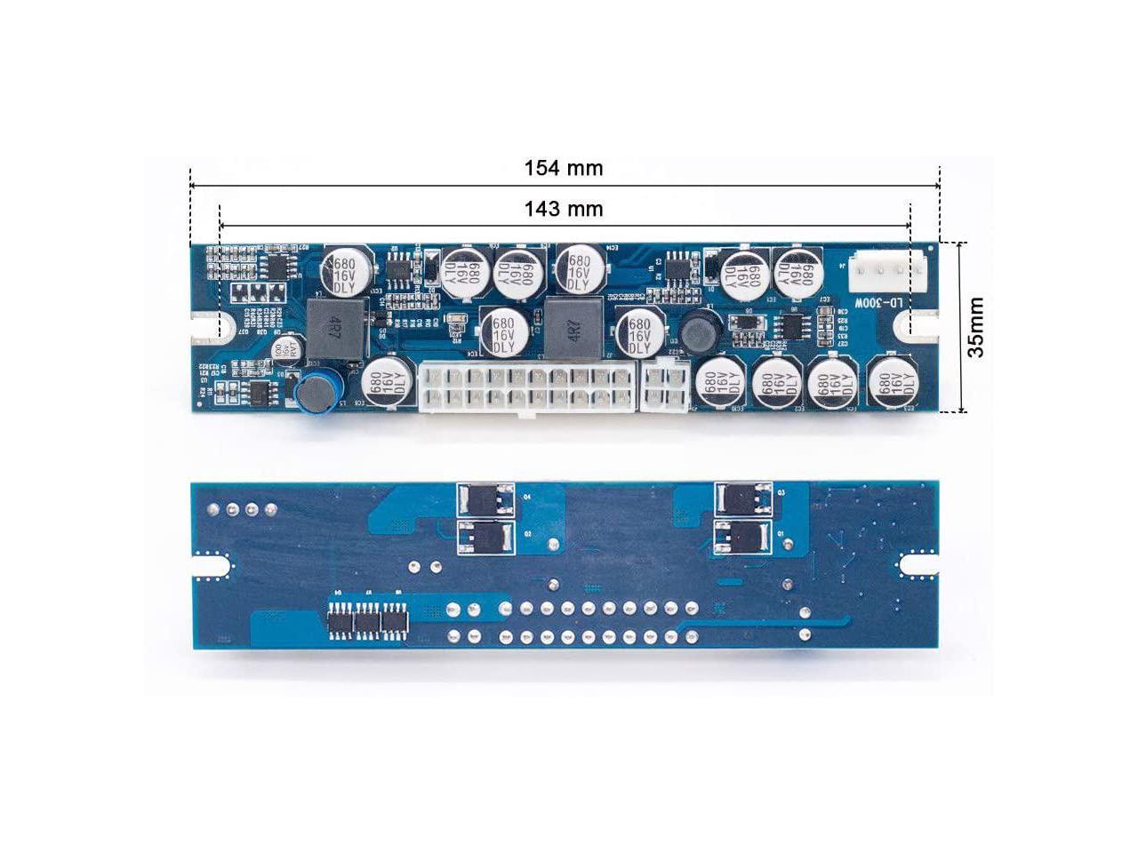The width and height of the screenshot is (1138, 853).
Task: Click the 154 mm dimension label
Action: [x=563, y=168]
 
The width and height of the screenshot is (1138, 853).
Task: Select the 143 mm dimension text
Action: [x=563, y=209]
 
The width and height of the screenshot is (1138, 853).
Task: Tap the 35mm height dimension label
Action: [x=976, y=327]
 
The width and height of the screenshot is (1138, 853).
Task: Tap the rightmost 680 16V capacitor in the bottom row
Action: [x=894, y=382]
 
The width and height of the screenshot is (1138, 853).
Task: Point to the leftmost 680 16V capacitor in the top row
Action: [x=343, y=270]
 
